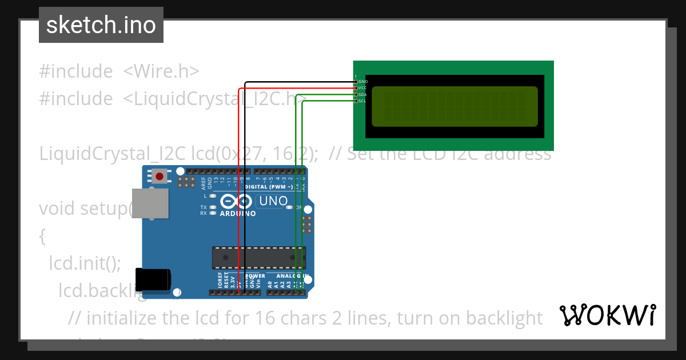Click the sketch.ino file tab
click(x=101, y=25)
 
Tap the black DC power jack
click(x=152, y=278)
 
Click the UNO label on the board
click(x=273, y=201)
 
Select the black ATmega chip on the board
click(x=259, y=258)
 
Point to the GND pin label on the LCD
click(x=363, y=82)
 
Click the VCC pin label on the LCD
click(x=363, y=88)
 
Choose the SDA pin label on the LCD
click(x=363, y=94)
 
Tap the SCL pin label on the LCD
click(x=363, y=101)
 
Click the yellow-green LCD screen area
click(x=455, y=106)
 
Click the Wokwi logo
click(x=608, y=315)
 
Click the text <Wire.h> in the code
click(x=161, y=71)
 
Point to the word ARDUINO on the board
click(x=238, y=214)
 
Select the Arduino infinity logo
click(x=236, y=202)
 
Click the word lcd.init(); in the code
click(x=85, y=263)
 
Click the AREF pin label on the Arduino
click(x=204, y=183)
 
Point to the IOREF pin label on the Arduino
click(x=220, y=279)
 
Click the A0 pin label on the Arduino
click(x=269, y=282)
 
